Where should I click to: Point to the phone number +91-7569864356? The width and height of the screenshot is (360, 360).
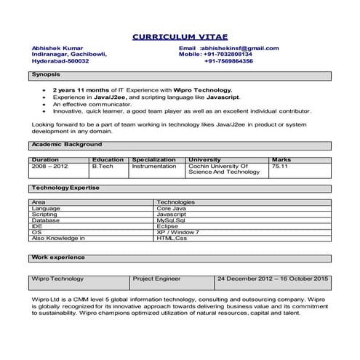coord(228,61)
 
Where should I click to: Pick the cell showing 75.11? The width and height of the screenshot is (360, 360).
coord(280,167)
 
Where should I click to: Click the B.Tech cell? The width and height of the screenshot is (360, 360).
coord(103,167)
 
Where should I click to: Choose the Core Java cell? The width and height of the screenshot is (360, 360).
coord(172,209)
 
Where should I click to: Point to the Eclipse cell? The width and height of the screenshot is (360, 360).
coord(167,226)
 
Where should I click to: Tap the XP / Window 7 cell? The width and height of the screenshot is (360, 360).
coord(177,232)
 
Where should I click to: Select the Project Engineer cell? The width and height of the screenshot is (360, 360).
coord(156,279)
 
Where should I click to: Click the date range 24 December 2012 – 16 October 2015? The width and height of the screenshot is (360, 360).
coord(273,279)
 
